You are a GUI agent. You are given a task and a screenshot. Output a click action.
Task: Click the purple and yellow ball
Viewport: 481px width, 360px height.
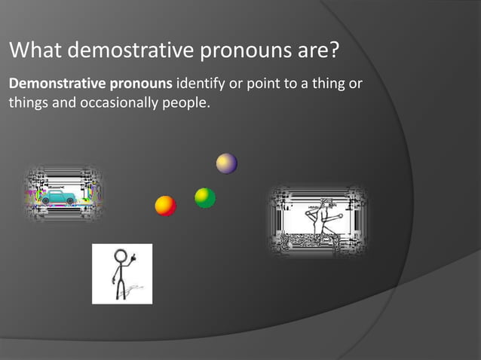click(226, 163)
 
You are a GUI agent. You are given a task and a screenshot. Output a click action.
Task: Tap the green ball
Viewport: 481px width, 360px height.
click(205, 198)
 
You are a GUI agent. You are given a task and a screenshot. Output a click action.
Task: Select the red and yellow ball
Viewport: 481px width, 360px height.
click(165, 206)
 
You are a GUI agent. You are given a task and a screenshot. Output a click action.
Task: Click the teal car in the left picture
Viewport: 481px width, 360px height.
click(58, 197)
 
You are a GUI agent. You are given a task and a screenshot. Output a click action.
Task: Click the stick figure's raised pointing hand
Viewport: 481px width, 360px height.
click(133, 258)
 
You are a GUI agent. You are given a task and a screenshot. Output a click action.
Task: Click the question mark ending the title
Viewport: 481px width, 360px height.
click(341, 53)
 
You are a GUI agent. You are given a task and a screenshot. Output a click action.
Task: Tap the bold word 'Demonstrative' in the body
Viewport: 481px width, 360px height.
click(52, 82)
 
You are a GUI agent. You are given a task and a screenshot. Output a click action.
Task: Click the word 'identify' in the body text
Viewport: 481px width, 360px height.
click(199, 82)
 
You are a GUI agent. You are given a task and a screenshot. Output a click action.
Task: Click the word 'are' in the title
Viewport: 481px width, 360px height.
click(317, 53)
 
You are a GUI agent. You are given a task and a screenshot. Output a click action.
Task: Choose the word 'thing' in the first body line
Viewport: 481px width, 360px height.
click(323, 82)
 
